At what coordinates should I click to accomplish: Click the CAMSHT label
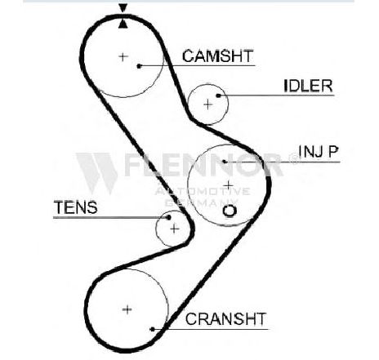pos(218,56)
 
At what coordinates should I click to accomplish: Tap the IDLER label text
pos(308,86)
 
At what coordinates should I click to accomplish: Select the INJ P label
pos(319,151)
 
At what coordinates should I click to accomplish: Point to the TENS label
pos(75,207)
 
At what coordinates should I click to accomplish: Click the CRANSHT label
pos(225,318)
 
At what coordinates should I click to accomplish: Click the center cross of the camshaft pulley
pos(123,57)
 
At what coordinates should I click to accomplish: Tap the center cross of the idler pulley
pos(208,104)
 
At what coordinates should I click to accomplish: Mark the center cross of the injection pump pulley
pos(228,185)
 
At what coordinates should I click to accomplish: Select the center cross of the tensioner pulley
pos(175,229)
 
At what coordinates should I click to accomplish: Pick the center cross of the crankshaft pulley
pos(127,309)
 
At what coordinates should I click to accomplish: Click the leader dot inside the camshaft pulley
pos(139,66)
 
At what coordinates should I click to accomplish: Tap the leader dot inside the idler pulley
pos(218,96)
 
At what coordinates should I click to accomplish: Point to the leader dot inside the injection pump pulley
pos(225,162)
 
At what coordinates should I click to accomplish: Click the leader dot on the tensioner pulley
pos(168,217)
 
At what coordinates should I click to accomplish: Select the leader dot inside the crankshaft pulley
pos(153,329)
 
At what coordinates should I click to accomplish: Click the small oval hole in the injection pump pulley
pos(230,211)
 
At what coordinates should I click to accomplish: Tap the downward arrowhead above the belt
pos(123,8)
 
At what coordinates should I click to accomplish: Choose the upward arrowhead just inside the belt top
pos(123,24)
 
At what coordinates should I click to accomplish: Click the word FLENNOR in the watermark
pos(203,165)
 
